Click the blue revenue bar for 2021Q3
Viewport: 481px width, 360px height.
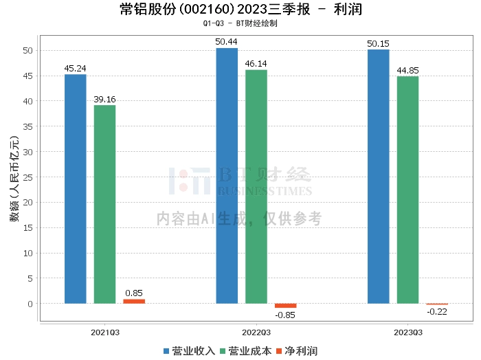[75, 189]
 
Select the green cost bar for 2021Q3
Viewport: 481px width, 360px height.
[104, 204]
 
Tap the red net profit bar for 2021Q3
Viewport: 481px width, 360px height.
[134, 301]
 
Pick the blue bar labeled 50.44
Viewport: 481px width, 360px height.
[227, 176]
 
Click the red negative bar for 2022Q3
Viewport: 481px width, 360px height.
[286, 306]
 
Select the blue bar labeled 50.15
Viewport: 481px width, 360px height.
[378, 177]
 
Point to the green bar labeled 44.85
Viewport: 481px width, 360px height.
[407, 190]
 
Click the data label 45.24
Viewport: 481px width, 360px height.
[75, 68]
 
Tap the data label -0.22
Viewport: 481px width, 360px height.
[437, 312]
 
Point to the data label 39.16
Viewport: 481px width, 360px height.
[104, 99]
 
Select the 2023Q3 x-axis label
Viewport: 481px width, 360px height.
[407, 332]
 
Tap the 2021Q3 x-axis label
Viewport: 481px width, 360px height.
[104, 332]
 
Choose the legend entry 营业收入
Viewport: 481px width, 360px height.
[190, 350]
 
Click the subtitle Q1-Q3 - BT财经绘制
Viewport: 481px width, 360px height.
[240, 23]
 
